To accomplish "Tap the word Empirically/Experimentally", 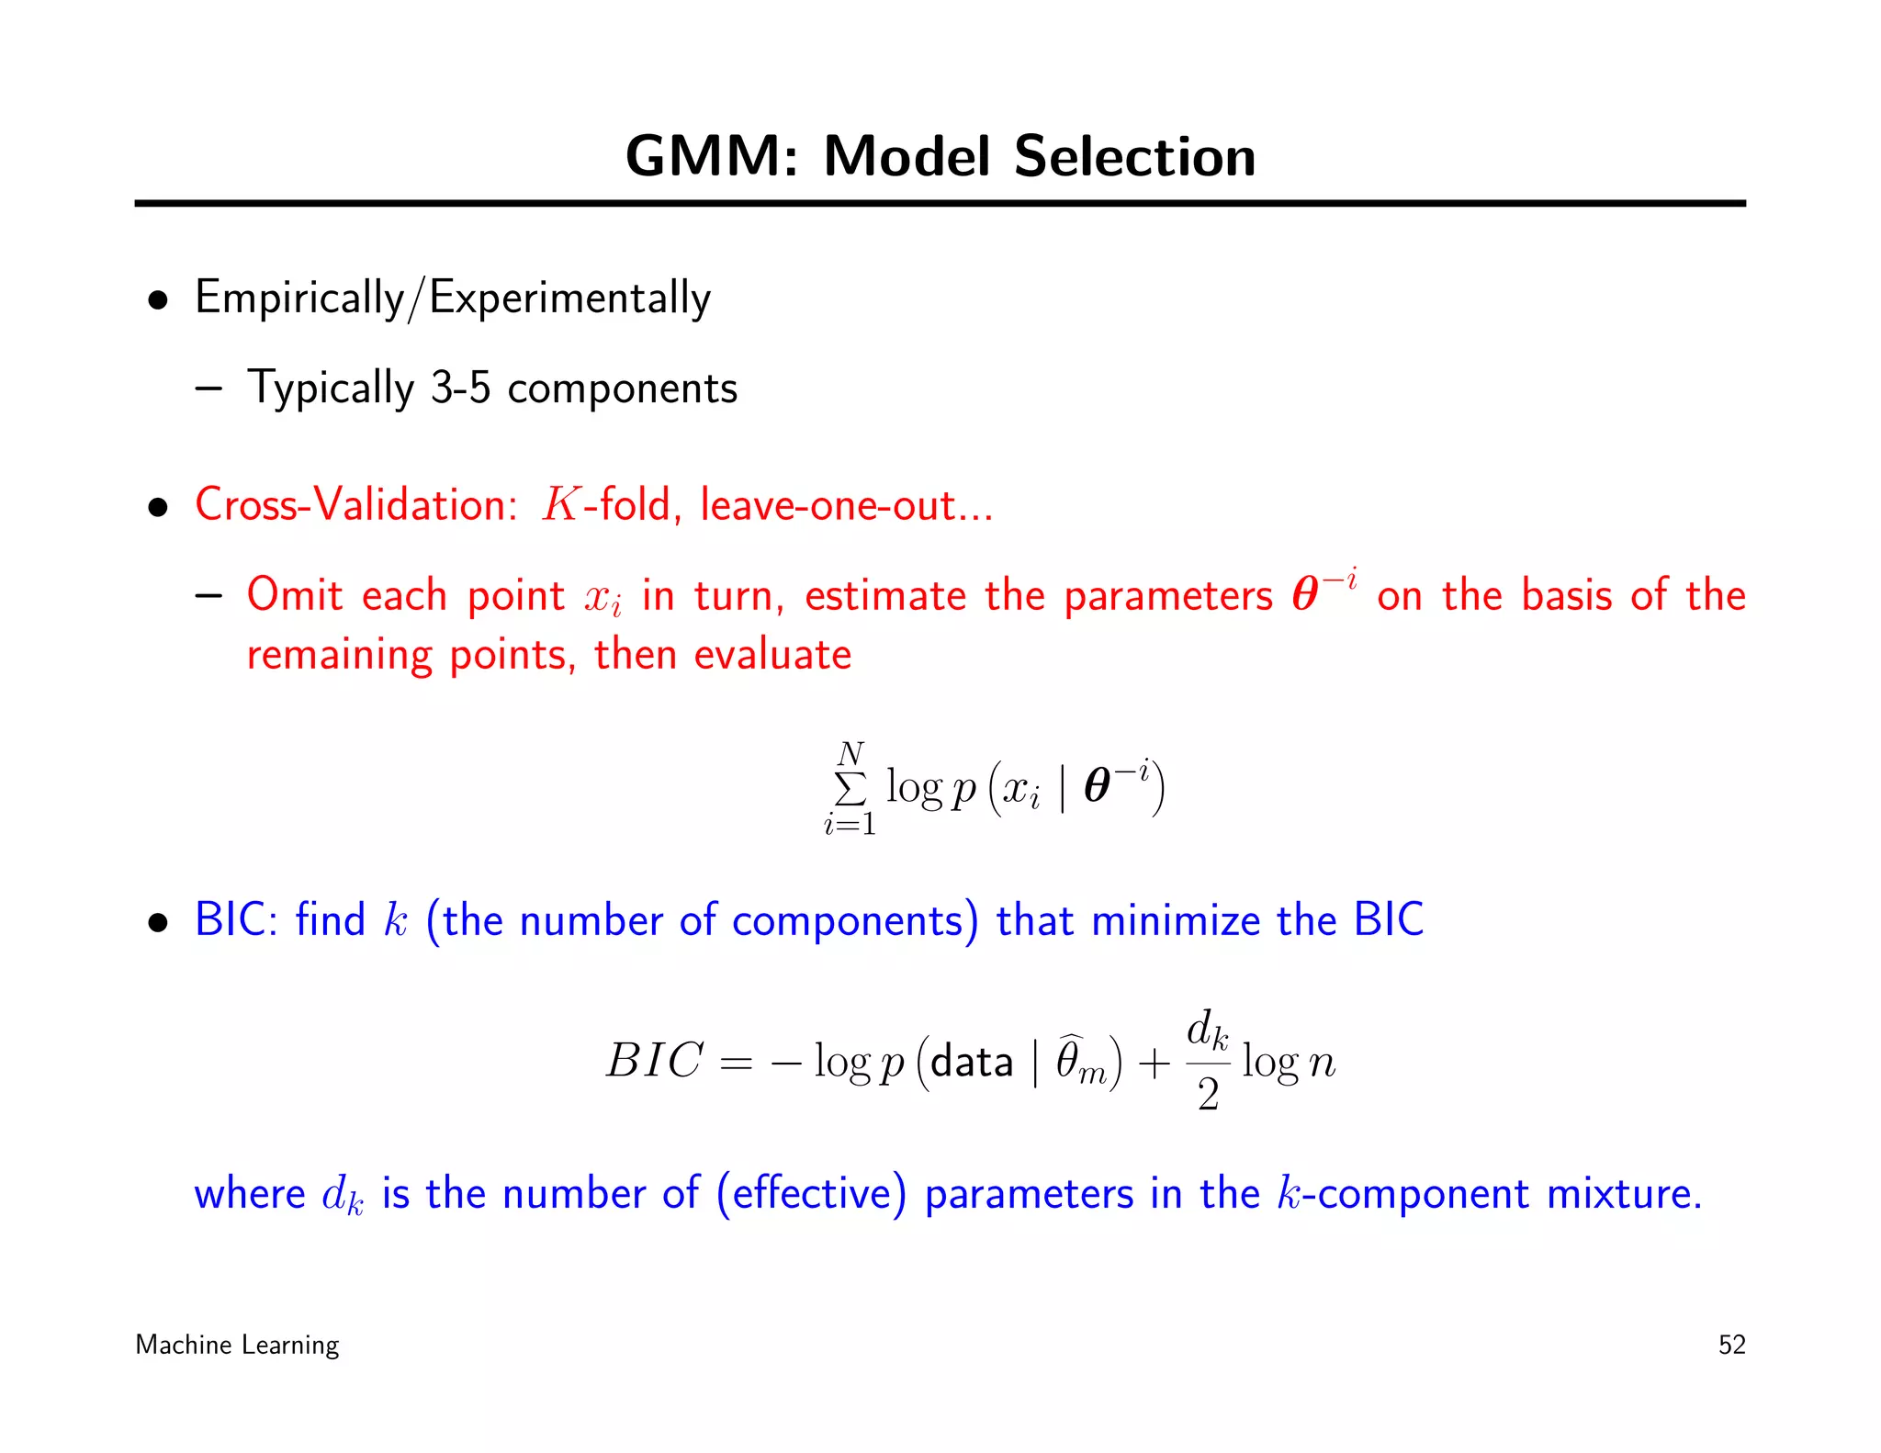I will tap(453, 298).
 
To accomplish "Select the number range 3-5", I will tap(461, 388).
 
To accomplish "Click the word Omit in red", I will tap(294, 594).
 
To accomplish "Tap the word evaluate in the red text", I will tap(772, 655).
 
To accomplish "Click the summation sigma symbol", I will tap(850, 788).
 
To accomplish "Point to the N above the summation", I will tap(850, 754).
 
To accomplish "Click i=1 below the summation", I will tap(850, 824).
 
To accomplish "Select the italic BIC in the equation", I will tap(654, 1061).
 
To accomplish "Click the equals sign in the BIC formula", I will tap(736, 1064).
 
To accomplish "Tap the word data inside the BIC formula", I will tap(971, 1063).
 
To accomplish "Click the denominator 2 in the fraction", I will tap(1208, 1094).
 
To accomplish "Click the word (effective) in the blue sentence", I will tap(811, 1193).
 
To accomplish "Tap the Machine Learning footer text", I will tap(237, 1345).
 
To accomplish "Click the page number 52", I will tap(1731, 1345).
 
